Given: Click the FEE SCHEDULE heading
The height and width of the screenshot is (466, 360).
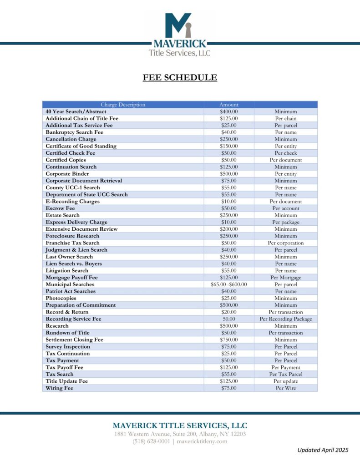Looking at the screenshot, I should point(180,77).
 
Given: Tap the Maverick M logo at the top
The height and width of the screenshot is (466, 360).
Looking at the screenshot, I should point(178,25).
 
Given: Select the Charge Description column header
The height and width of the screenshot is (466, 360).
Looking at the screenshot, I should point(123,105).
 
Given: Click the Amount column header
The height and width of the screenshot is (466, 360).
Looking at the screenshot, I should point(228,105).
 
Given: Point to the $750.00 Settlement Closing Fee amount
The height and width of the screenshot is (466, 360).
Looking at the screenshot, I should point(228,339).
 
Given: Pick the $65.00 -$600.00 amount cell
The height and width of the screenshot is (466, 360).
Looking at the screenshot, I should point(228,284).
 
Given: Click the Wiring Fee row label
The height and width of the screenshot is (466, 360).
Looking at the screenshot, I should point(59,388).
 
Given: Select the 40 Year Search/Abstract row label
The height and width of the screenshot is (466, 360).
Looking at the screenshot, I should point(76,111).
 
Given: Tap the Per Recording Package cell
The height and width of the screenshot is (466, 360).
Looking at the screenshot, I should point(286,319).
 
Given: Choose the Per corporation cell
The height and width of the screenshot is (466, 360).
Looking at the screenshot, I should point(286,243).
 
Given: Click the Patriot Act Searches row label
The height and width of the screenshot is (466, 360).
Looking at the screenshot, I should point(71,291).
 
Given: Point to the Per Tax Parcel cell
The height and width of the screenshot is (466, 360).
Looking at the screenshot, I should point(286,374).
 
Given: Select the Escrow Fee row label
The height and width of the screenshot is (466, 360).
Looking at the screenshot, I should point(60,208).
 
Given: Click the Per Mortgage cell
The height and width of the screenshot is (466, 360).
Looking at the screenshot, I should point(286,278).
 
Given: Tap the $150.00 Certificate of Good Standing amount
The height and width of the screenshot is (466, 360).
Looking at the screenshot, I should point(228,146).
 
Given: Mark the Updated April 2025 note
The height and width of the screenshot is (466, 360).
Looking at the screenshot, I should point(323,450).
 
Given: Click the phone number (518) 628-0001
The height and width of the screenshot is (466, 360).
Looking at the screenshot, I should point(152,441).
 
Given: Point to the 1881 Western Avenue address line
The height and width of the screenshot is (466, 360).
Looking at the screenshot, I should point(180,434).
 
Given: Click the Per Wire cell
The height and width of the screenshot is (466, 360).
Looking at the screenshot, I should point(286,388).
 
